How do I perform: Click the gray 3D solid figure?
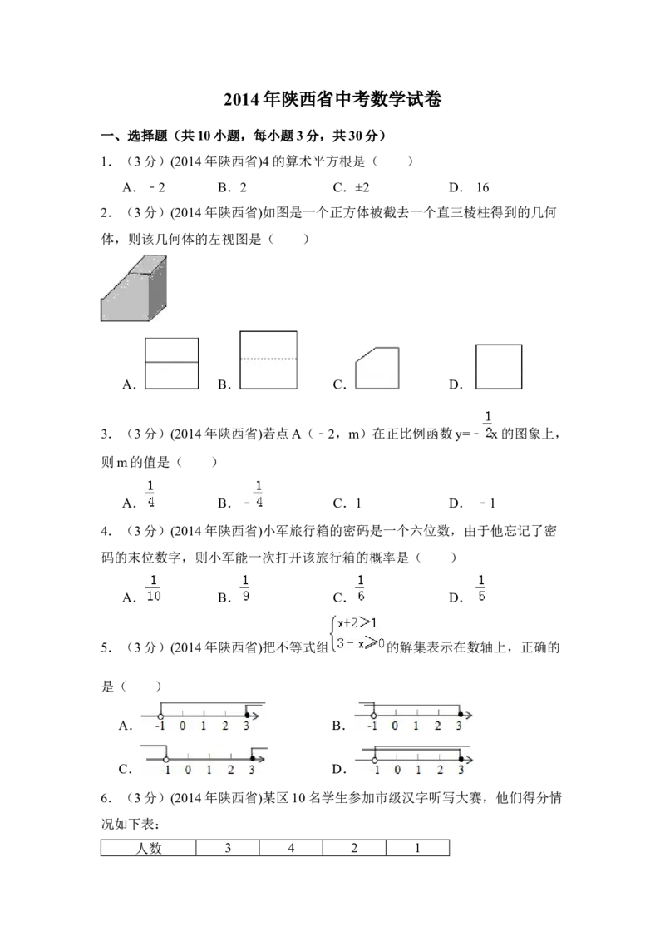coord(135,290)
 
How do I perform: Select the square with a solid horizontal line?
coord(171,363)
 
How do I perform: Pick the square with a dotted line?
coord(269,360)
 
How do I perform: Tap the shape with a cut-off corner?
coord(379,369)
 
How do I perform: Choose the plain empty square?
coord(499,366)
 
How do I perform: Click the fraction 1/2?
coord(487,423)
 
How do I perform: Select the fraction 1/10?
coord(153,587)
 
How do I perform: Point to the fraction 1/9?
coord(246,587)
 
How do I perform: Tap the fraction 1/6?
coord(360,587)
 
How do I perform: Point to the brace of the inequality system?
coord(332,633)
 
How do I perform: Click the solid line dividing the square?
coord(171,363)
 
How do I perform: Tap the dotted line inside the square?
coord(269,359)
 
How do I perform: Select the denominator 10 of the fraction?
coord(153,596)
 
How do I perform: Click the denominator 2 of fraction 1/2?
coord(487,432)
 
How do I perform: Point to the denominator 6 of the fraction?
coord(360,596)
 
